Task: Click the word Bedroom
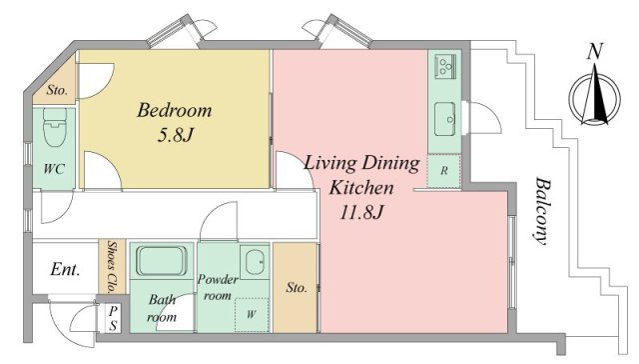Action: pos(175,110)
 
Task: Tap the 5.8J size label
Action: pos(175,135)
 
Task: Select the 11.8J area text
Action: pos(361,212)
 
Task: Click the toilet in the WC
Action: pos(55,127)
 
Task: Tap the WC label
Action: pos(54,168)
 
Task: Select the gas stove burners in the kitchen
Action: pos(445,65)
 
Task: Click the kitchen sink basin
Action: pos(445,119)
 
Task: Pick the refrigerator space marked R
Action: pos(443,171)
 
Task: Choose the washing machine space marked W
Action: pos(252,315)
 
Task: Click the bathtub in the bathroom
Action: pos(162,261)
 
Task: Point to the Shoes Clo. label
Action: pos(112,267)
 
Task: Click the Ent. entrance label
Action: pos(65,269)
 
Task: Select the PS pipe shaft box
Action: pos(113,319)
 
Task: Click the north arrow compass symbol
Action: pos(595,98)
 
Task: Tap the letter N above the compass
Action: pos(595,51)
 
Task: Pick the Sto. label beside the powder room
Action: pos(297,288)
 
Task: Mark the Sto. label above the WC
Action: pos(57,90)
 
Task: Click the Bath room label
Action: pos(162,308)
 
